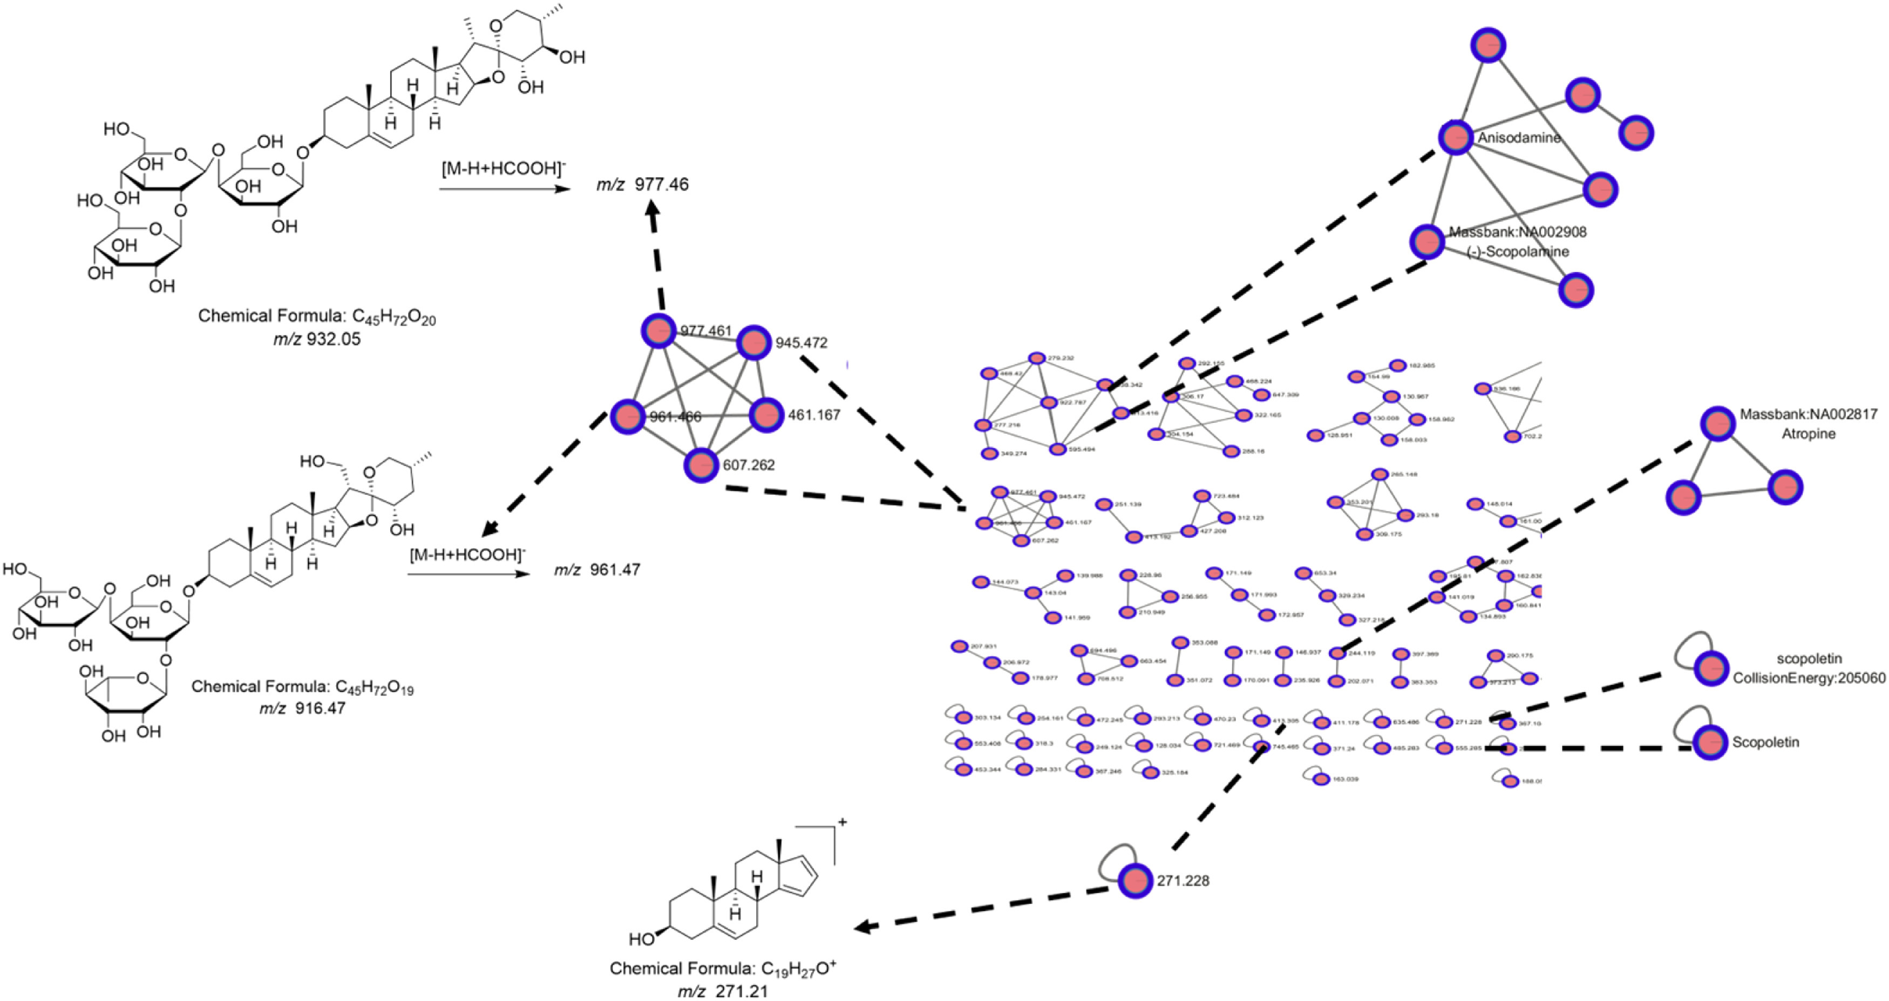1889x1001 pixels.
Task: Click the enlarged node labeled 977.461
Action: [x=658, y=331]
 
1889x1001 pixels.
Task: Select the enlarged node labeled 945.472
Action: [x=753, y=342]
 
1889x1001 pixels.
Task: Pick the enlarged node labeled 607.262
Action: [x=701, y=465]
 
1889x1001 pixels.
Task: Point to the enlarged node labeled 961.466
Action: [x=628, y=416]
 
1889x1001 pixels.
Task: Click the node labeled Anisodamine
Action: [x=1456, y=138]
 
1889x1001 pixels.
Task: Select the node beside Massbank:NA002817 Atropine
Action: [x=1717, y=424]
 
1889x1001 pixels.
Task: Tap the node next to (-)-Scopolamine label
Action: [x=1428, y=241]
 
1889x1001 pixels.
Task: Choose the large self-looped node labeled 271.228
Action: [x=1135, y=880]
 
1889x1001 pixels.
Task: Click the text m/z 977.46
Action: [x=642, y=185]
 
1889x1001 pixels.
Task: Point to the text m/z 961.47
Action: [x=597, y=570]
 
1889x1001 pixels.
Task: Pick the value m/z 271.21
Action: [x=722, y=991]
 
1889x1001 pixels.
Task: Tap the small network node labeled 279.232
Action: [x=1037, y=358]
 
